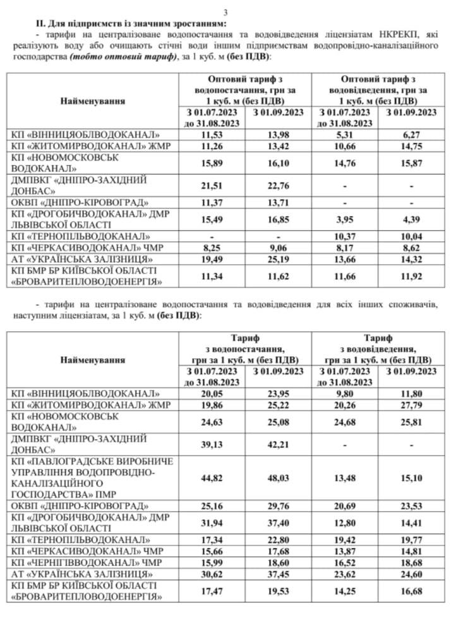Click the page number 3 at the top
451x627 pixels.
click(225, 11)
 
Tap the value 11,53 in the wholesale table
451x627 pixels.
click(212, 135)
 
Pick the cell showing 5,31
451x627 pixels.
click(347, 135)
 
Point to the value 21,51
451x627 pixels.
click(212, 185)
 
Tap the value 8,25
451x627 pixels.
click(212, 247)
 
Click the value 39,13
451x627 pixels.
click(212, 443)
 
